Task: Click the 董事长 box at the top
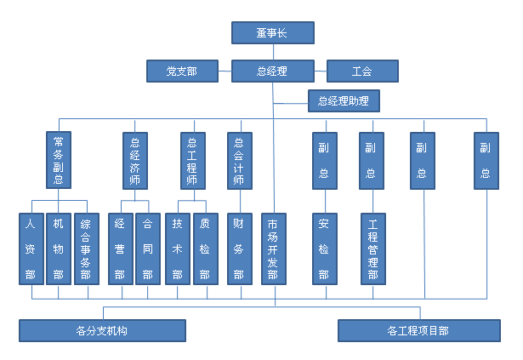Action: click(x=273, y=32)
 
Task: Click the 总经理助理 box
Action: click(x=344, y=101)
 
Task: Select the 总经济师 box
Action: click(x=134, y=160)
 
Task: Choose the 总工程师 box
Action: click(x=192, y=160)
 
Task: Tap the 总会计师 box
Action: click(x=239, y=160)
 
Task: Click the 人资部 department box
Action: click(x=31, y=249)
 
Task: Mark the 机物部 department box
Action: click(x=58, y=249)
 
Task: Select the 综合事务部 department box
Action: click(x=86, y=249)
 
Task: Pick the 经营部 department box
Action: click(x=121, y=249)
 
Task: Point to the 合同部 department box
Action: click(x=147, y=249)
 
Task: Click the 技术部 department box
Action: click(x=178, y=249)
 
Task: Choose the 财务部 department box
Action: click(x=239, y=249)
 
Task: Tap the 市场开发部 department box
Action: click(x=273, y=249)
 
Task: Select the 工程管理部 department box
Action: click(x=372, y=249)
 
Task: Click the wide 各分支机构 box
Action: click(x=102, y=330)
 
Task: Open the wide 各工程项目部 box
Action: click(x=418, y=330)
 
